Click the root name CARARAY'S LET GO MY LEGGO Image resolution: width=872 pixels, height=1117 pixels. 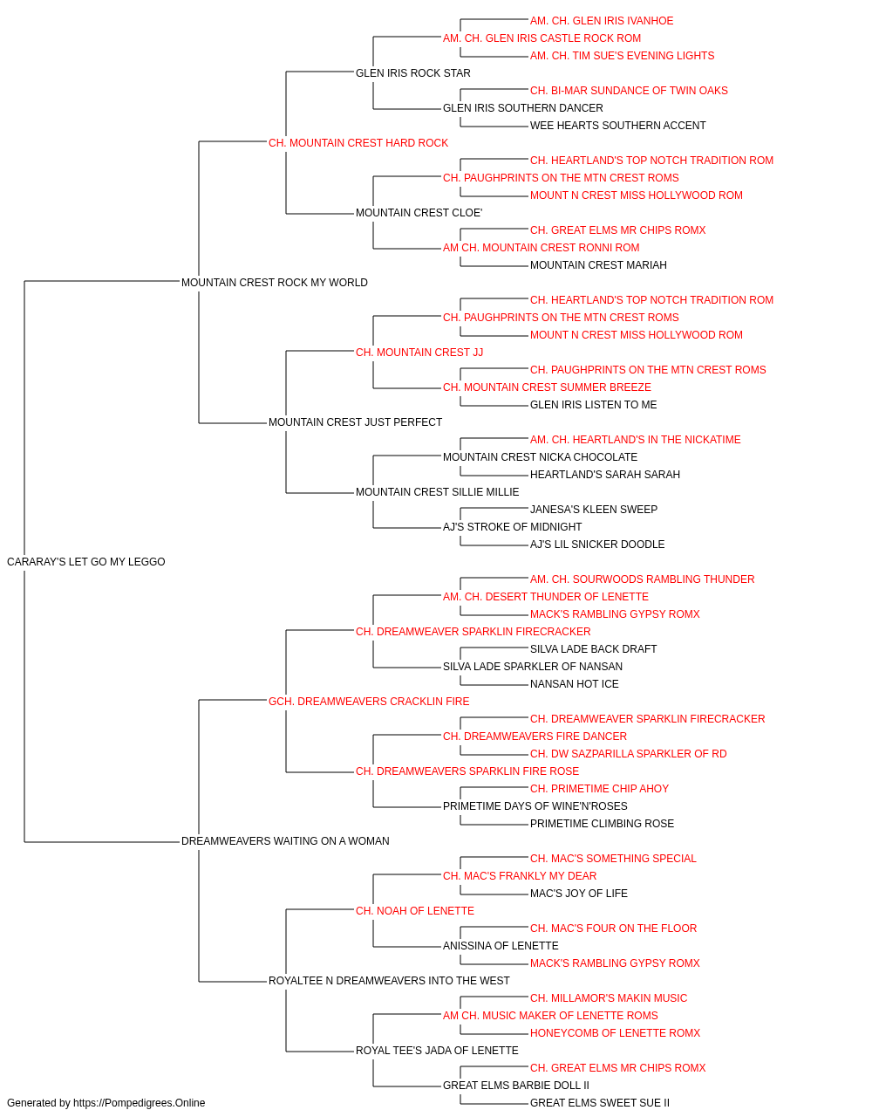point(85,561)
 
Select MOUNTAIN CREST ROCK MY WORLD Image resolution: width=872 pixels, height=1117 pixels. point(274,282)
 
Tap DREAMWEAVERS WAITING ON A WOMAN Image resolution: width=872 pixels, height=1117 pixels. point(285,841)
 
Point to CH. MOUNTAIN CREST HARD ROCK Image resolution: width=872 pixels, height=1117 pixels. point(358,143)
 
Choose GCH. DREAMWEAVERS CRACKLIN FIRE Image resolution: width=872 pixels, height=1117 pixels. point(369,701)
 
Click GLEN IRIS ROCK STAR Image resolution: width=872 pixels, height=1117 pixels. point(412,73)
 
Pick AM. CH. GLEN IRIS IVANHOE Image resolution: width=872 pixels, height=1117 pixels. point(602,21)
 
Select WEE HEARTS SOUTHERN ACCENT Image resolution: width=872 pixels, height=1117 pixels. point(617,126)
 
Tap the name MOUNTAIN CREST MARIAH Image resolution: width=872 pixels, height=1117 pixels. point(598,264)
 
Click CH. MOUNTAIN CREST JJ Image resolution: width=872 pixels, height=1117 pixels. point(419,352)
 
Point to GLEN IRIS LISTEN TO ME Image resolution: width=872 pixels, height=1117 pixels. point(593,405)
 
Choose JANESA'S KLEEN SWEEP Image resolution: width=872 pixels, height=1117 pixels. point(594,510)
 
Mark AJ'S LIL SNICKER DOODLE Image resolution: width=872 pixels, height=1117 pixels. point(597,544)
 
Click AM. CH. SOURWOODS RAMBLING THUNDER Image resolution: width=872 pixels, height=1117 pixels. point(642,579)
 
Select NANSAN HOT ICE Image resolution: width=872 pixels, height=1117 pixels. point(574,683)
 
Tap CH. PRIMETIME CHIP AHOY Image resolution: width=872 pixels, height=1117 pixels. point(599,789)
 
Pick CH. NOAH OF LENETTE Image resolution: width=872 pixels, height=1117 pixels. point(415,910)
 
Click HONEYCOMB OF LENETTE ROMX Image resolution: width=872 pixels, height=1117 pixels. point(615,1032)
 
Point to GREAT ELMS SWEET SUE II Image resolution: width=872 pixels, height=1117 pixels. point(599,1103)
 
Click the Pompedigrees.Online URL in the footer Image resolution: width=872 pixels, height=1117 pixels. point(139,1103)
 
